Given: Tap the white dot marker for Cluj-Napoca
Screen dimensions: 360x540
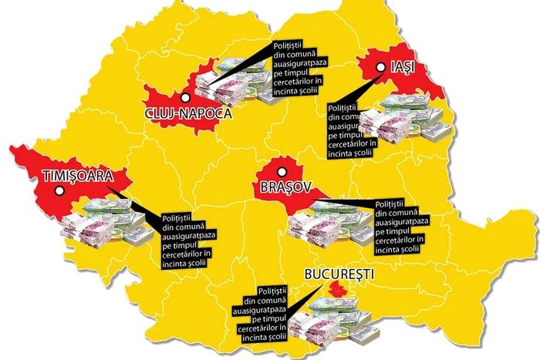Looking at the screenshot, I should [x=184, y=97].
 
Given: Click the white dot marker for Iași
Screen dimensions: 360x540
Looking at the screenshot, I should [x=380, y=68].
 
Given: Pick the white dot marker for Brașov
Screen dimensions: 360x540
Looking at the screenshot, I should [x=282, y=171].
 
